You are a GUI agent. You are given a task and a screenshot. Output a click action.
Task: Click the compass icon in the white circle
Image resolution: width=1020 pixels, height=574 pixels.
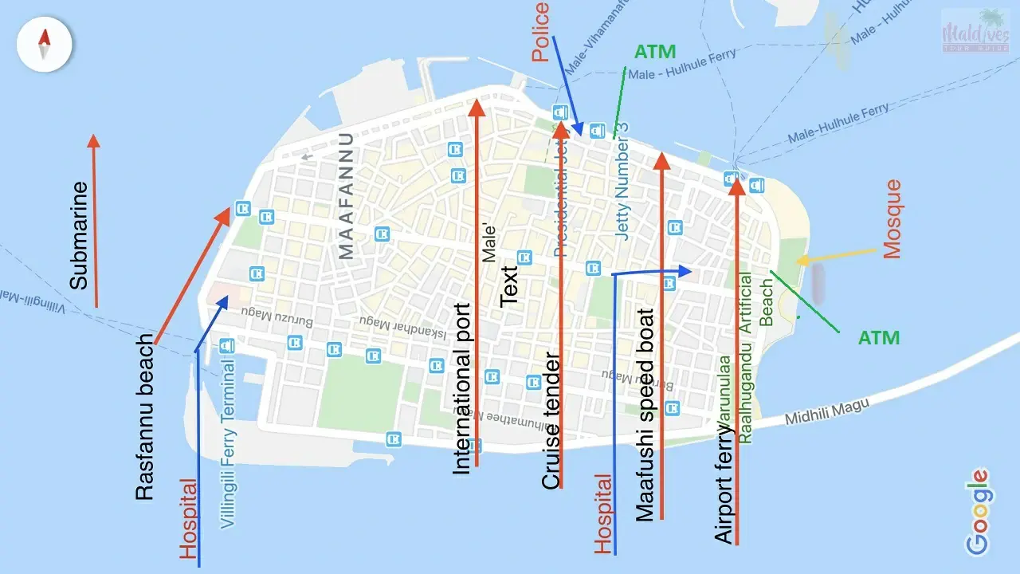[45, 45]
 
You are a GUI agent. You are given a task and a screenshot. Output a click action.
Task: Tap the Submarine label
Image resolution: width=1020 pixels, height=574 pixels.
[78, 236]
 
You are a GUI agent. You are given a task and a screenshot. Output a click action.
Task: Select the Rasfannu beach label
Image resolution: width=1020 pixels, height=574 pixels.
[144, 429]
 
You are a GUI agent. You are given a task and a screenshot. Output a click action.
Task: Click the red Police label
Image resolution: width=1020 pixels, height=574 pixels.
[541, 32]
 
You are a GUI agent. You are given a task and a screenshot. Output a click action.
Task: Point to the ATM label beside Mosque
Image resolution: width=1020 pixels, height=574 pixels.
[879, 338]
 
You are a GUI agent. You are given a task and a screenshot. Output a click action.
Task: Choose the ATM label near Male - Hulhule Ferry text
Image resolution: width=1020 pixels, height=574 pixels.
[655, 53]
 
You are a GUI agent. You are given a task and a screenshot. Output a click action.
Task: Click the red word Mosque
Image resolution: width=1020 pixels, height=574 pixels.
[892, 219]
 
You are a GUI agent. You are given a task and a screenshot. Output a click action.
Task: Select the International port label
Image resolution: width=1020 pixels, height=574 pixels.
[462, 389]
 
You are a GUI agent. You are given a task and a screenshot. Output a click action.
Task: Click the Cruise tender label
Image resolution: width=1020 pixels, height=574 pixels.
[551, 420]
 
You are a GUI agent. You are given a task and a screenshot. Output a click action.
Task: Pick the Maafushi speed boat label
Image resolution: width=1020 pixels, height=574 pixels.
[645, 415]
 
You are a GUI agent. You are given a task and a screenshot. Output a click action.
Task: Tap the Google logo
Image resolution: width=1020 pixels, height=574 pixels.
[978, 511]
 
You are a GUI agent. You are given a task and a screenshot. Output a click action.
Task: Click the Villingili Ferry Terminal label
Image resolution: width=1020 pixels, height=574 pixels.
[228, 444]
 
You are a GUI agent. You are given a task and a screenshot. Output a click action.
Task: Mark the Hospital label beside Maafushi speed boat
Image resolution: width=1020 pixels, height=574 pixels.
[605, 513]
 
